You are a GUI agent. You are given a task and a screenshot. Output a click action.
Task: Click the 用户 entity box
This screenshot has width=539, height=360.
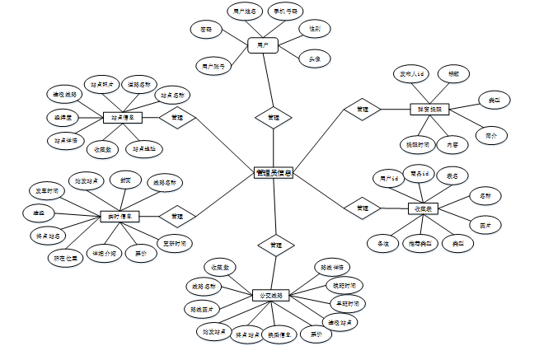[x=263, y=44]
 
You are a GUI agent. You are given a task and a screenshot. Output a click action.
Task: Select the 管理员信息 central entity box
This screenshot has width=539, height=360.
[x=274, y=173]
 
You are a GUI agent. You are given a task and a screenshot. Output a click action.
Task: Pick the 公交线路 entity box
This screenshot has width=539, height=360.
[x=271, y=295]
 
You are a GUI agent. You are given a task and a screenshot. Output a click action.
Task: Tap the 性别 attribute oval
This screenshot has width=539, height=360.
[x=315, y=29]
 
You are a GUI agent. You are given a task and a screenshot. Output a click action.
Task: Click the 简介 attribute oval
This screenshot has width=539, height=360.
[x=491, y=134]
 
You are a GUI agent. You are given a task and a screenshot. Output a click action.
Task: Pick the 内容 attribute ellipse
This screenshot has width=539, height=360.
[x=453, y=144]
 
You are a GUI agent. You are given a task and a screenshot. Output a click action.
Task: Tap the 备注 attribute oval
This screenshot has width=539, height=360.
[x=383, y=244]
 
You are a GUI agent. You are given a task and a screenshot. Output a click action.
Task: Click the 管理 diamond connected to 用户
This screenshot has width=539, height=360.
[x=273, y=118]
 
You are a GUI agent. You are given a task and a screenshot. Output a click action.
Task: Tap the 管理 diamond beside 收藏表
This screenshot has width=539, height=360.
[x=362, y=209]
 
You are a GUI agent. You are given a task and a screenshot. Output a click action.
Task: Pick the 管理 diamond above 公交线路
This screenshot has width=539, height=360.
[x=276, y=245]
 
